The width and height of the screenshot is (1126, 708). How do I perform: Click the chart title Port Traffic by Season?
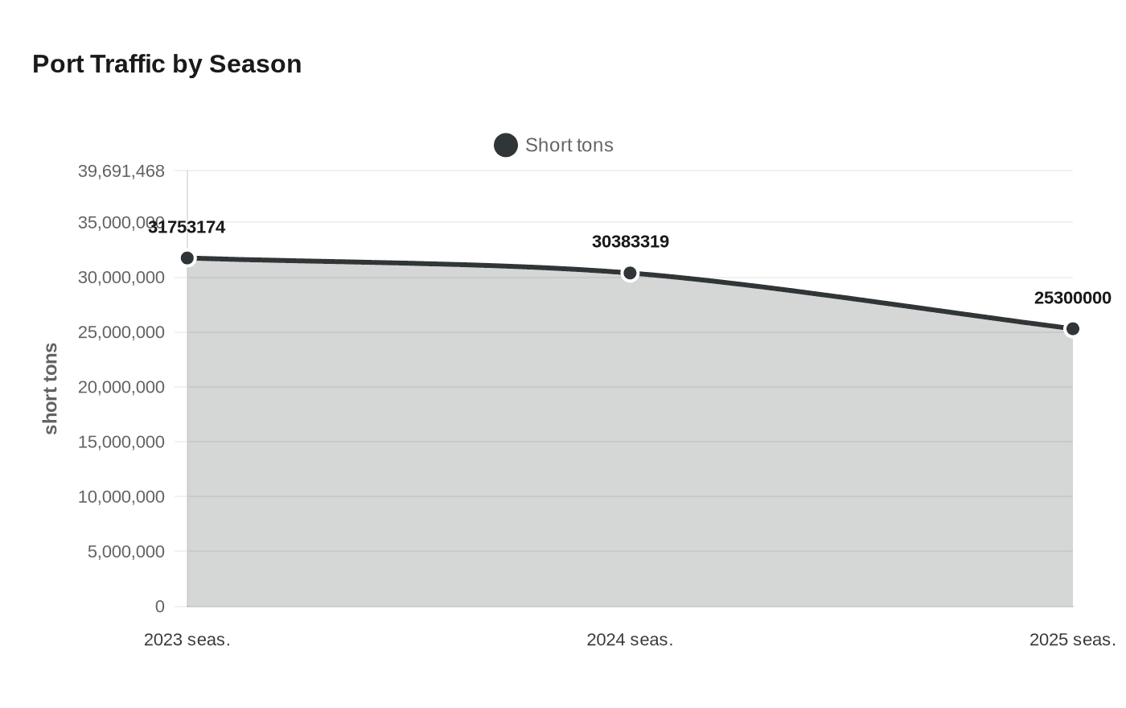(x=166, y=64)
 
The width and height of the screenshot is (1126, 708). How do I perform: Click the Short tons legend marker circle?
(x=505, y=146)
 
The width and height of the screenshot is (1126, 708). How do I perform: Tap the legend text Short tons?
(x=569, y=146)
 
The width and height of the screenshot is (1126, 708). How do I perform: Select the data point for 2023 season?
(x=187, y=258)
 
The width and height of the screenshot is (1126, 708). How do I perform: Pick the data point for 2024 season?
(x=630, y=274)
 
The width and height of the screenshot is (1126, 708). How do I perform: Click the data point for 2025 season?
(x=1072, y=329)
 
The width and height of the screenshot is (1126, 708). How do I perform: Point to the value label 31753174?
(x=187, y=228)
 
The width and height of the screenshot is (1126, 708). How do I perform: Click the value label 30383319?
(x=630, y=242)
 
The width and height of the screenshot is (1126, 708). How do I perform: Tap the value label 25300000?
(x=1072, y=298)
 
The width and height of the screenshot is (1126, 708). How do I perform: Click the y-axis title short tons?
(x=51, y=389)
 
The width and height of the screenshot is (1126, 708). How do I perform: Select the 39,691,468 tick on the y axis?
(x=121, y=171)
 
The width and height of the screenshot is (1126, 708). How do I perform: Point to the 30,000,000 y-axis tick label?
(x=121, y=278)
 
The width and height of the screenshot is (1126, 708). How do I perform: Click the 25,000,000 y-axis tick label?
(x=121, y=332)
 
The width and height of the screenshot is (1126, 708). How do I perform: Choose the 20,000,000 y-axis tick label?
(x=121, y=387)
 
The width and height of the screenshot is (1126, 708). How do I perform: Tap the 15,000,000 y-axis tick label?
(x=121, y=442)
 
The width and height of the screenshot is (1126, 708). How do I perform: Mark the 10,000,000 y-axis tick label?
(x=121, y=496)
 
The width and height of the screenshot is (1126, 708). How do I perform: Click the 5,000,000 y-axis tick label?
(x=126, y=551)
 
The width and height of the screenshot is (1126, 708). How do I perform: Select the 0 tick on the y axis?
(x=160, y=606)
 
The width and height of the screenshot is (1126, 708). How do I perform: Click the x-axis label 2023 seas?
(x=187, y=640)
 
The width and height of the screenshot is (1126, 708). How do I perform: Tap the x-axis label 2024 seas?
(x=630, y=640)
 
